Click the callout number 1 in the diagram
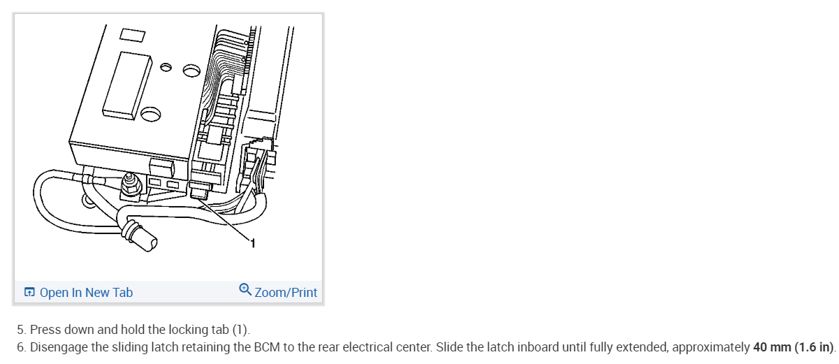point(253,243)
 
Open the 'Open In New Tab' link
point(86,293)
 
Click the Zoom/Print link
point(286,293)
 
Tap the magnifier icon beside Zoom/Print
point(245,289)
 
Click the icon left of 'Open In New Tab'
point(29,293)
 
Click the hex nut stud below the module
point(130,185)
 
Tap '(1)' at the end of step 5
point(240,330)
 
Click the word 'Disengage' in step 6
point(59,347)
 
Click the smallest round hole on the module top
point(166,68)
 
